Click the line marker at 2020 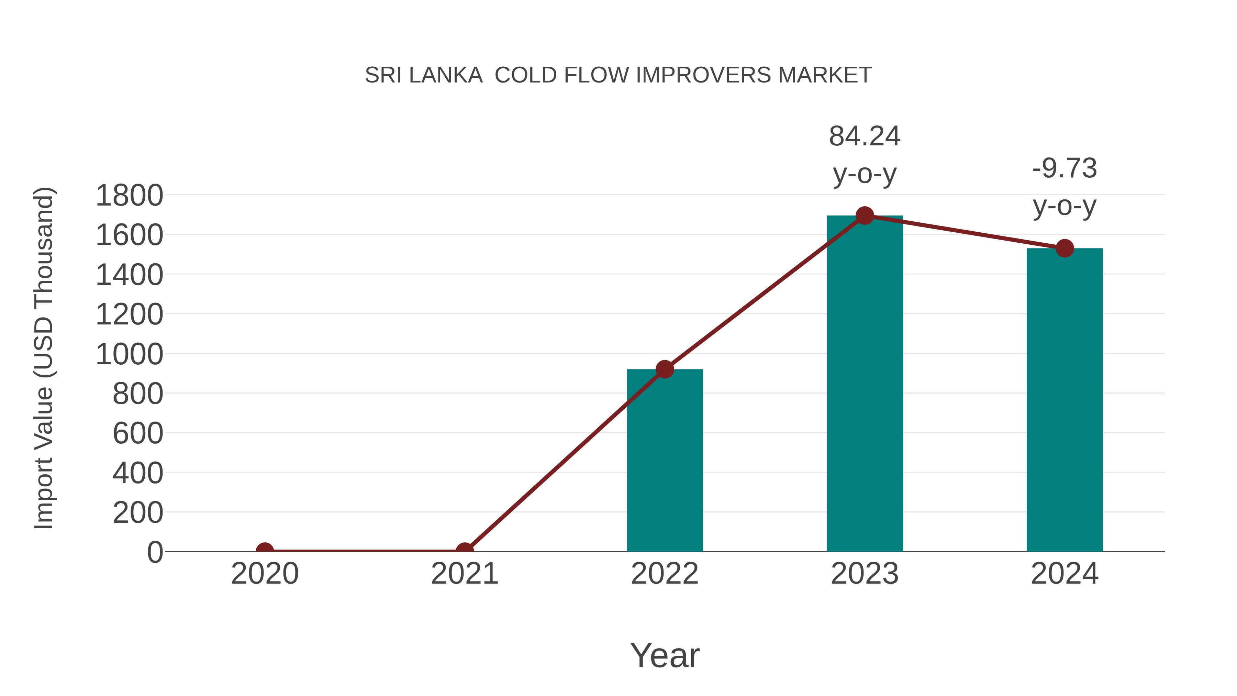pos(265,551)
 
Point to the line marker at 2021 pos(464,551)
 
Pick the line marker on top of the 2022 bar pos(665,369)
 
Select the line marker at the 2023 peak pos(865,216)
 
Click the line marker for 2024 pos(1065,248)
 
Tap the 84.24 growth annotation pos(865,136)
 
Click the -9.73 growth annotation pos(1065,169)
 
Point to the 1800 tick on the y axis pos(129,196)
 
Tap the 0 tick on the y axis pos(155,552)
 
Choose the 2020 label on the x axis pos(265,574)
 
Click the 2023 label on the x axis pos(865,574)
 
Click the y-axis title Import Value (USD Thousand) pos(44,358)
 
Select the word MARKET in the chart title pos(825,75)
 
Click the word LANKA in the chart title pos(446,75)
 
